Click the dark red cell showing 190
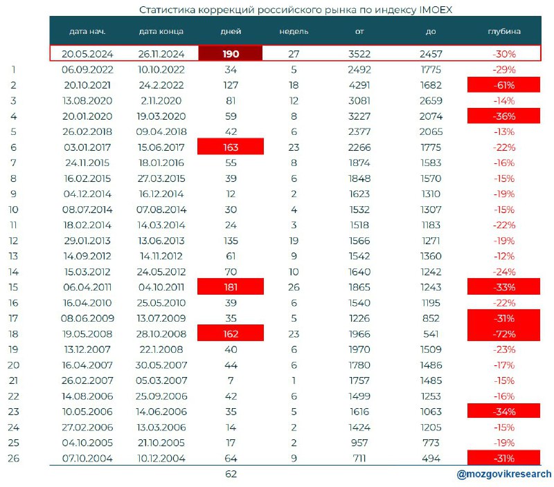pyautogui.click(x=231, y=54)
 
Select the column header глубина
pyautogui.click(x=504, y=31)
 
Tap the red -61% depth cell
pyautogui.click(x=503, y=85)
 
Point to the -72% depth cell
pyautogui.click(x=503, y=333)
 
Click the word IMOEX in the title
pyautogui.click(x=436, y=10)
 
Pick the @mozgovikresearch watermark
pyautogui.click(x=504, y=474)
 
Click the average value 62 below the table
pyautogui.click(x=231, y=474)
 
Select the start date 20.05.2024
pyautogui.click(x=87, y=54)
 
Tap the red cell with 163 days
pyautogui.click(x=231, y=147)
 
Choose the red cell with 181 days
pyautogui.click(x=231, y=287)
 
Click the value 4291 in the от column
pyautogui.click(x=359, y=85)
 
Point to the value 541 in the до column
pyautogui.click(x=431, y=334)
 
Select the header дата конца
pyautogui.click(x=161, y=31)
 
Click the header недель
pyautogui.click(x=294, y=31)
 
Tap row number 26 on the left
pyautogui.click(x=13, y=458)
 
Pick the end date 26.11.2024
pyautogui.click(x=161, y=54)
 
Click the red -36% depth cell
pyautogui.click(x=503, y=116)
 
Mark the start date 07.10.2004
pyautogui.click(x=87, y=458)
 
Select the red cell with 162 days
pyautogui.click(x=231, y=333)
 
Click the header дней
pyautogui.click(x=231, y=31)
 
